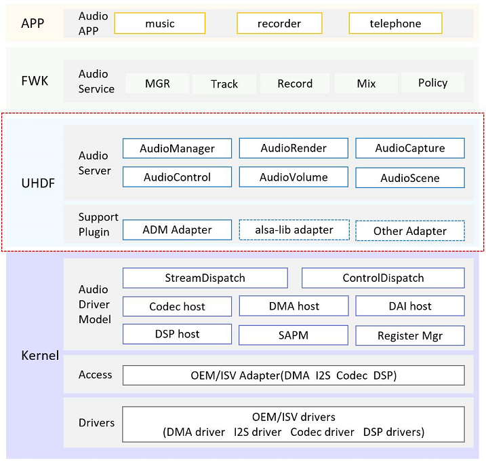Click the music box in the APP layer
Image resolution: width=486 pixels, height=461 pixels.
[159, 23]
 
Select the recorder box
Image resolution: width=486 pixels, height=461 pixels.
[279, 23]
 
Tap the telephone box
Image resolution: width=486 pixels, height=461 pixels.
[395, 23]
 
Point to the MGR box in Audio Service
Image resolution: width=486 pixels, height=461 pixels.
[157, 84]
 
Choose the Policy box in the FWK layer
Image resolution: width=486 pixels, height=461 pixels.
[432, 83]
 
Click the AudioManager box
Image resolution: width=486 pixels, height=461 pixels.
[178, 149]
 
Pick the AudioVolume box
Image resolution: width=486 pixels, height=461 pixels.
[293, 177]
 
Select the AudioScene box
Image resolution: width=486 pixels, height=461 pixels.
[410, 178]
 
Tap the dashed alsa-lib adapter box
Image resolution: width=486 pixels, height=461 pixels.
[294, 229]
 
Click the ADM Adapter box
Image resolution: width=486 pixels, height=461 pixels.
[178, 229]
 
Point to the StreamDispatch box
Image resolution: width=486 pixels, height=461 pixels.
[205, 278]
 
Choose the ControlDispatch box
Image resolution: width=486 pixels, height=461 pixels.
[383, 278]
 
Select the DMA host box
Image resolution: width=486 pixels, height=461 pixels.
[293, 306]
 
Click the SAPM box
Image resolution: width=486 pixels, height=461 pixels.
[293, 335]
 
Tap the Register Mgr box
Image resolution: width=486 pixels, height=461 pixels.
[410, 335]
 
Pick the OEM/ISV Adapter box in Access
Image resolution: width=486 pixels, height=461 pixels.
[293, 375]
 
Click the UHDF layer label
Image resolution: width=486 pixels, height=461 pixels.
[38, 183]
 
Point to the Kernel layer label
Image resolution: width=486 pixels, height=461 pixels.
[40, 355]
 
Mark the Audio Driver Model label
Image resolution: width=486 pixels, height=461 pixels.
[94, 304]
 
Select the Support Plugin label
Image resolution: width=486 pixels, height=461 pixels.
[98, 224]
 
